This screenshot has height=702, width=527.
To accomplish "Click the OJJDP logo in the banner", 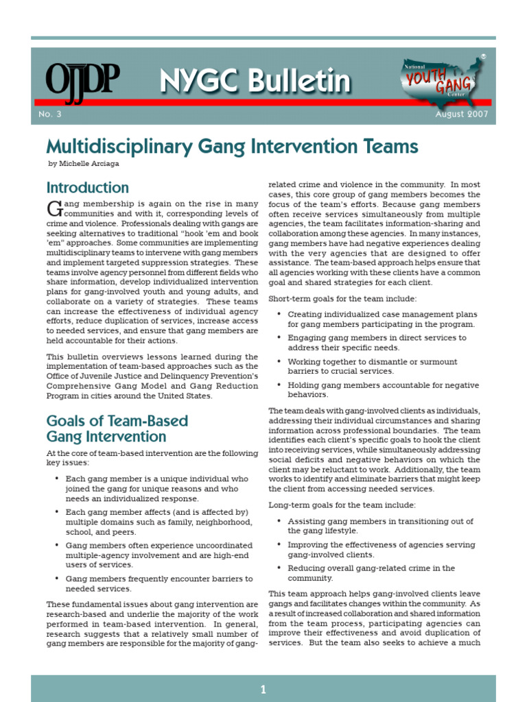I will pyautogui.click(x=82, y=82).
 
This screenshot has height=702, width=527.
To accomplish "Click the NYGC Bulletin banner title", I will pyautogui.click(x=255, y=82).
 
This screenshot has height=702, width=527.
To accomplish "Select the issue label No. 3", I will pyautogui.click(x=50, y=114).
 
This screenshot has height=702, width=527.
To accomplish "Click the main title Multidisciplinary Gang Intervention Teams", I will pyautogui.click(x=232, y=146).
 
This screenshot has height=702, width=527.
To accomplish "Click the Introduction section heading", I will pyautogui.click(x=87, y=187).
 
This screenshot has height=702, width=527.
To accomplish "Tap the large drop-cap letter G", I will pyautogui.click(x=54, y=208).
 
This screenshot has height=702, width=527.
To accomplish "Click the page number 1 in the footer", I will pyautogui.click(x=263, y=690).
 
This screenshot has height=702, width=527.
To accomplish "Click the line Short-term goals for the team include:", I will pyautogui.click(x=342, y=298).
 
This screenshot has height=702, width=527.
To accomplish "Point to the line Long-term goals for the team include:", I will pyautogui.click(x=342, y=505).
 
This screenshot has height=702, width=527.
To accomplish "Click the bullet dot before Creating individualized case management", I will pyautogui.click(x=279, y=314).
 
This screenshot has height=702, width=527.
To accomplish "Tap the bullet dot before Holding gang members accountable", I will pyautogui.click(x=279, y=385).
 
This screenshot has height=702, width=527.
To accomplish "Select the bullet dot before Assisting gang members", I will pyautogui.click(x=279, y=521).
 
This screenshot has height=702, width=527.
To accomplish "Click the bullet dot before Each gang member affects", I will pyautogui.click(x=57, y=512).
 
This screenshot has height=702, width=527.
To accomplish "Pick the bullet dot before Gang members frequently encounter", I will pyautogui.click(x=57, y=579).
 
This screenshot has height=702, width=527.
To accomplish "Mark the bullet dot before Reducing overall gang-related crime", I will pyautogui.click(x=279, y=568).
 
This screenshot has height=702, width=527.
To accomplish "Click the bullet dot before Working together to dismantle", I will pyautogui.click(x=279, y=361).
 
